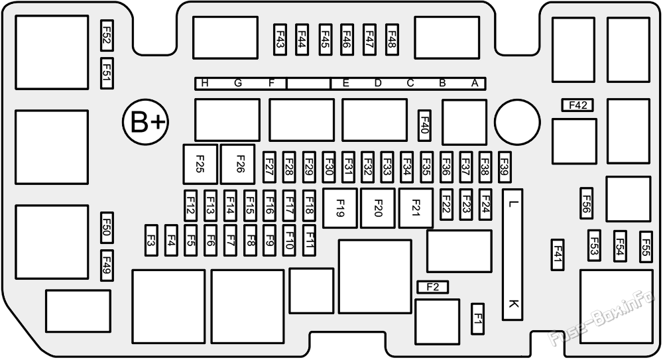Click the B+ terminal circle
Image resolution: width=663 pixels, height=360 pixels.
pos(145,122)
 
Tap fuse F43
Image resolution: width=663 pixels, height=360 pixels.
pos(280,39)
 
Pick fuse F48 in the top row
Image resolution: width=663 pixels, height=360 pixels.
pos(392,39)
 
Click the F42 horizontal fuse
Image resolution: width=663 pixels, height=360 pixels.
pos(577,105)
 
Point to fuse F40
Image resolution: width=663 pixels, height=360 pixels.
pos(424,126)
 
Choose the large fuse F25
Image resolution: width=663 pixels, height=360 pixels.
pos(200,164)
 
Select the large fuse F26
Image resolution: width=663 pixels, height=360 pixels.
pos(238,164)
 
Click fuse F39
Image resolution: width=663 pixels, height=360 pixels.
pos(505,167)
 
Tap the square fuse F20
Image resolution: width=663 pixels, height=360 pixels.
pos(378,208)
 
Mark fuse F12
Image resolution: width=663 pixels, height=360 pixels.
pos(191,205)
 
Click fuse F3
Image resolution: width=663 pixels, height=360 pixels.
pos(151,240)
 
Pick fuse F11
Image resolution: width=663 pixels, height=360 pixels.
pos(309,240)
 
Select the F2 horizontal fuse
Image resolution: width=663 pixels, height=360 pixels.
pos(432,287)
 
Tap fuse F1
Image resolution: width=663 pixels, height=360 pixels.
pos(478,318)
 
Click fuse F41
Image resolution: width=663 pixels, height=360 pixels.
pos(558,255)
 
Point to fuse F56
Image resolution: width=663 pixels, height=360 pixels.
pos(586,204)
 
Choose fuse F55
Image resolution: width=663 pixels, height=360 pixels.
pos(646,247)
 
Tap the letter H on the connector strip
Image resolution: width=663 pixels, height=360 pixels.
pos(205,84)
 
